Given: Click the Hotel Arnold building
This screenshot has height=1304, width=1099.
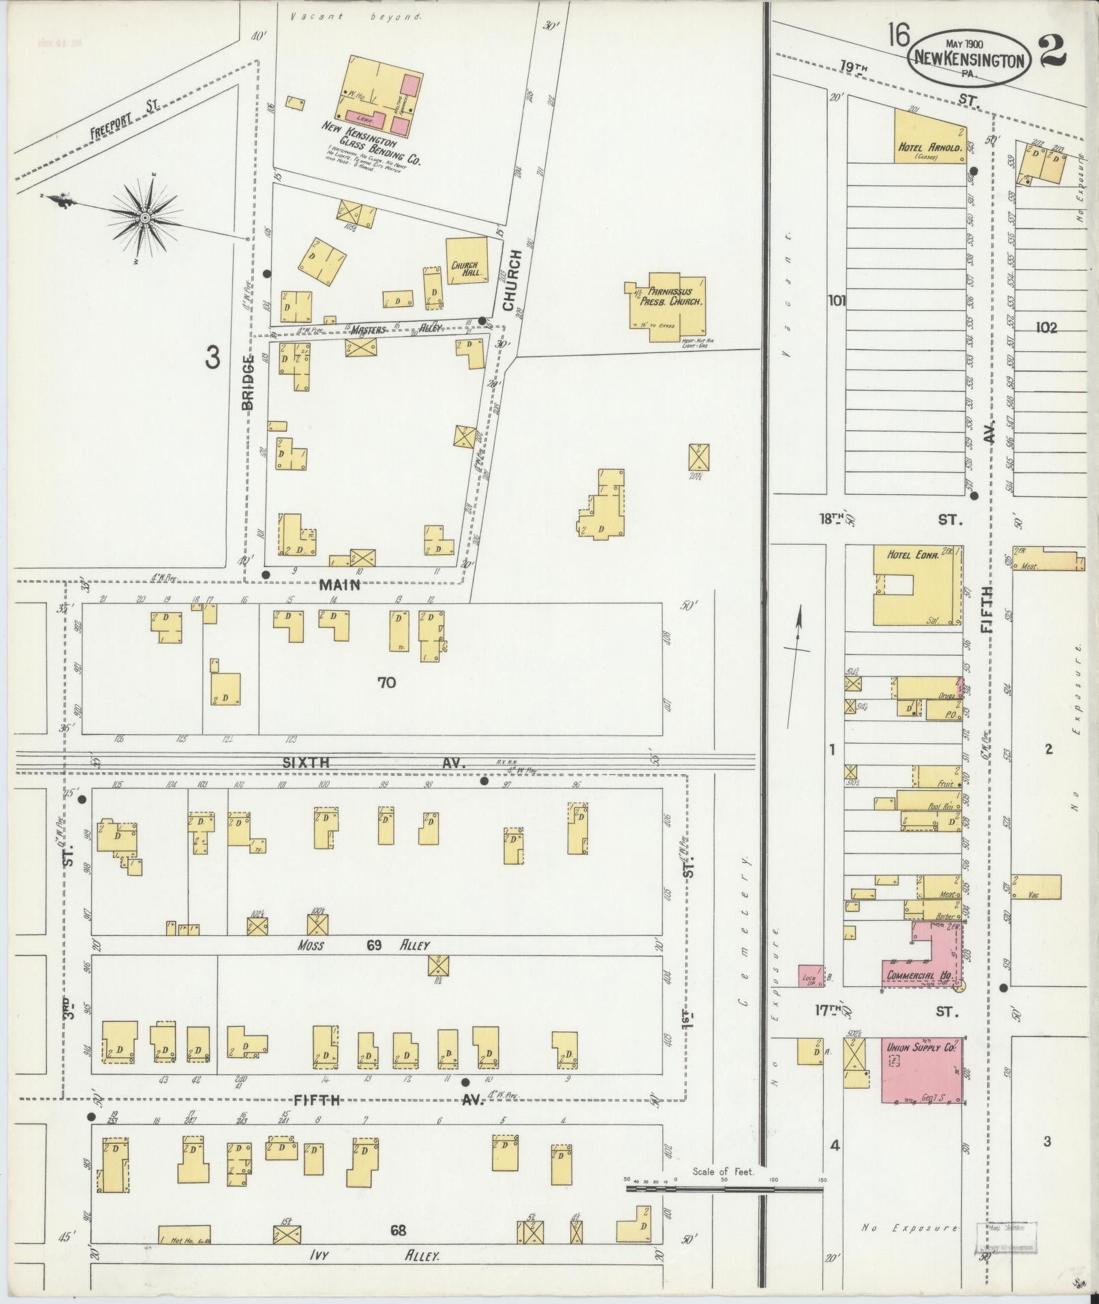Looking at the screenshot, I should tap(930, 136).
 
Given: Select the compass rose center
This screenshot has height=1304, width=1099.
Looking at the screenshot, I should tap(144, 217).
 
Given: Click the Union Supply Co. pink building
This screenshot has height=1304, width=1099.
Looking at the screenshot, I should tap(923, 1070).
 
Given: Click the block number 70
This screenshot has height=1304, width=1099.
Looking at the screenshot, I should tap(386, 682).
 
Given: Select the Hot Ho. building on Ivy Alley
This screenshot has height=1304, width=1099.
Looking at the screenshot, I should tap(184, 1234).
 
